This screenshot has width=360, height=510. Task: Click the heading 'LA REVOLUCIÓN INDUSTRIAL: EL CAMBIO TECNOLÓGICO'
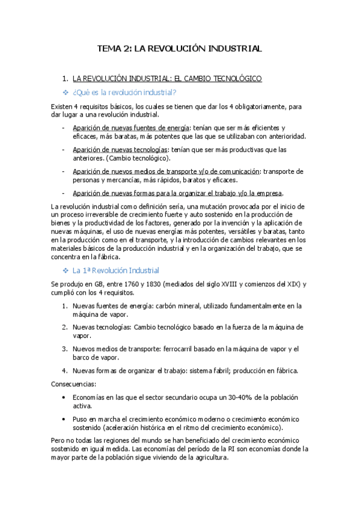[x=166, y=78]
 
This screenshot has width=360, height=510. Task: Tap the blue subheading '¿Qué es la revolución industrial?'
[x=124, y=92]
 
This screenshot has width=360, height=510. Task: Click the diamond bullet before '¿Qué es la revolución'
[x=66, y=92]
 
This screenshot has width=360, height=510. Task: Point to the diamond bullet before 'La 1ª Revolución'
[x=66, y=271]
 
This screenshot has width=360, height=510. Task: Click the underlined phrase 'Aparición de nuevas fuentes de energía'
[x=130, y=127]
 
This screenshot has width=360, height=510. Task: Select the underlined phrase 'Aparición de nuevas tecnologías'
[x=119, y=149]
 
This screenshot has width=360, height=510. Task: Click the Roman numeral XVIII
[x=225, y=284]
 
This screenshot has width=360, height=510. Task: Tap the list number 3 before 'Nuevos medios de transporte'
[x=64, y=348]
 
